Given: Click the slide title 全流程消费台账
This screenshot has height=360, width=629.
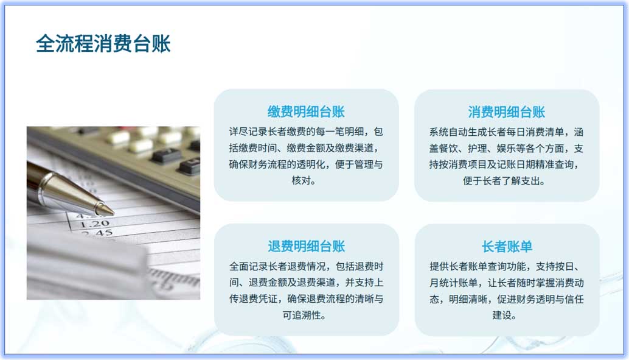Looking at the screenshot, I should (103, 44).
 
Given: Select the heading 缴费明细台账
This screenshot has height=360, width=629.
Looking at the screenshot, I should (306, 111).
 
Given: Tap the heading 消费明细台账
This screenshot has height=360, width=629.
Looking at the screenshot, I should (506, 111).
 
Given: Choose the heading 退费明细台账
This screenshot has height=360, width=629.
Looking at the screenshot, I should (306, 246).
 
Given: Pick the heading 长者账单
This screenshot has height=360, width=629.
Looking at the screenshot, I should (506, 246).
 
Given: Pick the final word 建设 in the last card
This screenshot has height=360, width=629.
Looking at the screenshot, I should (506, 316).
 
